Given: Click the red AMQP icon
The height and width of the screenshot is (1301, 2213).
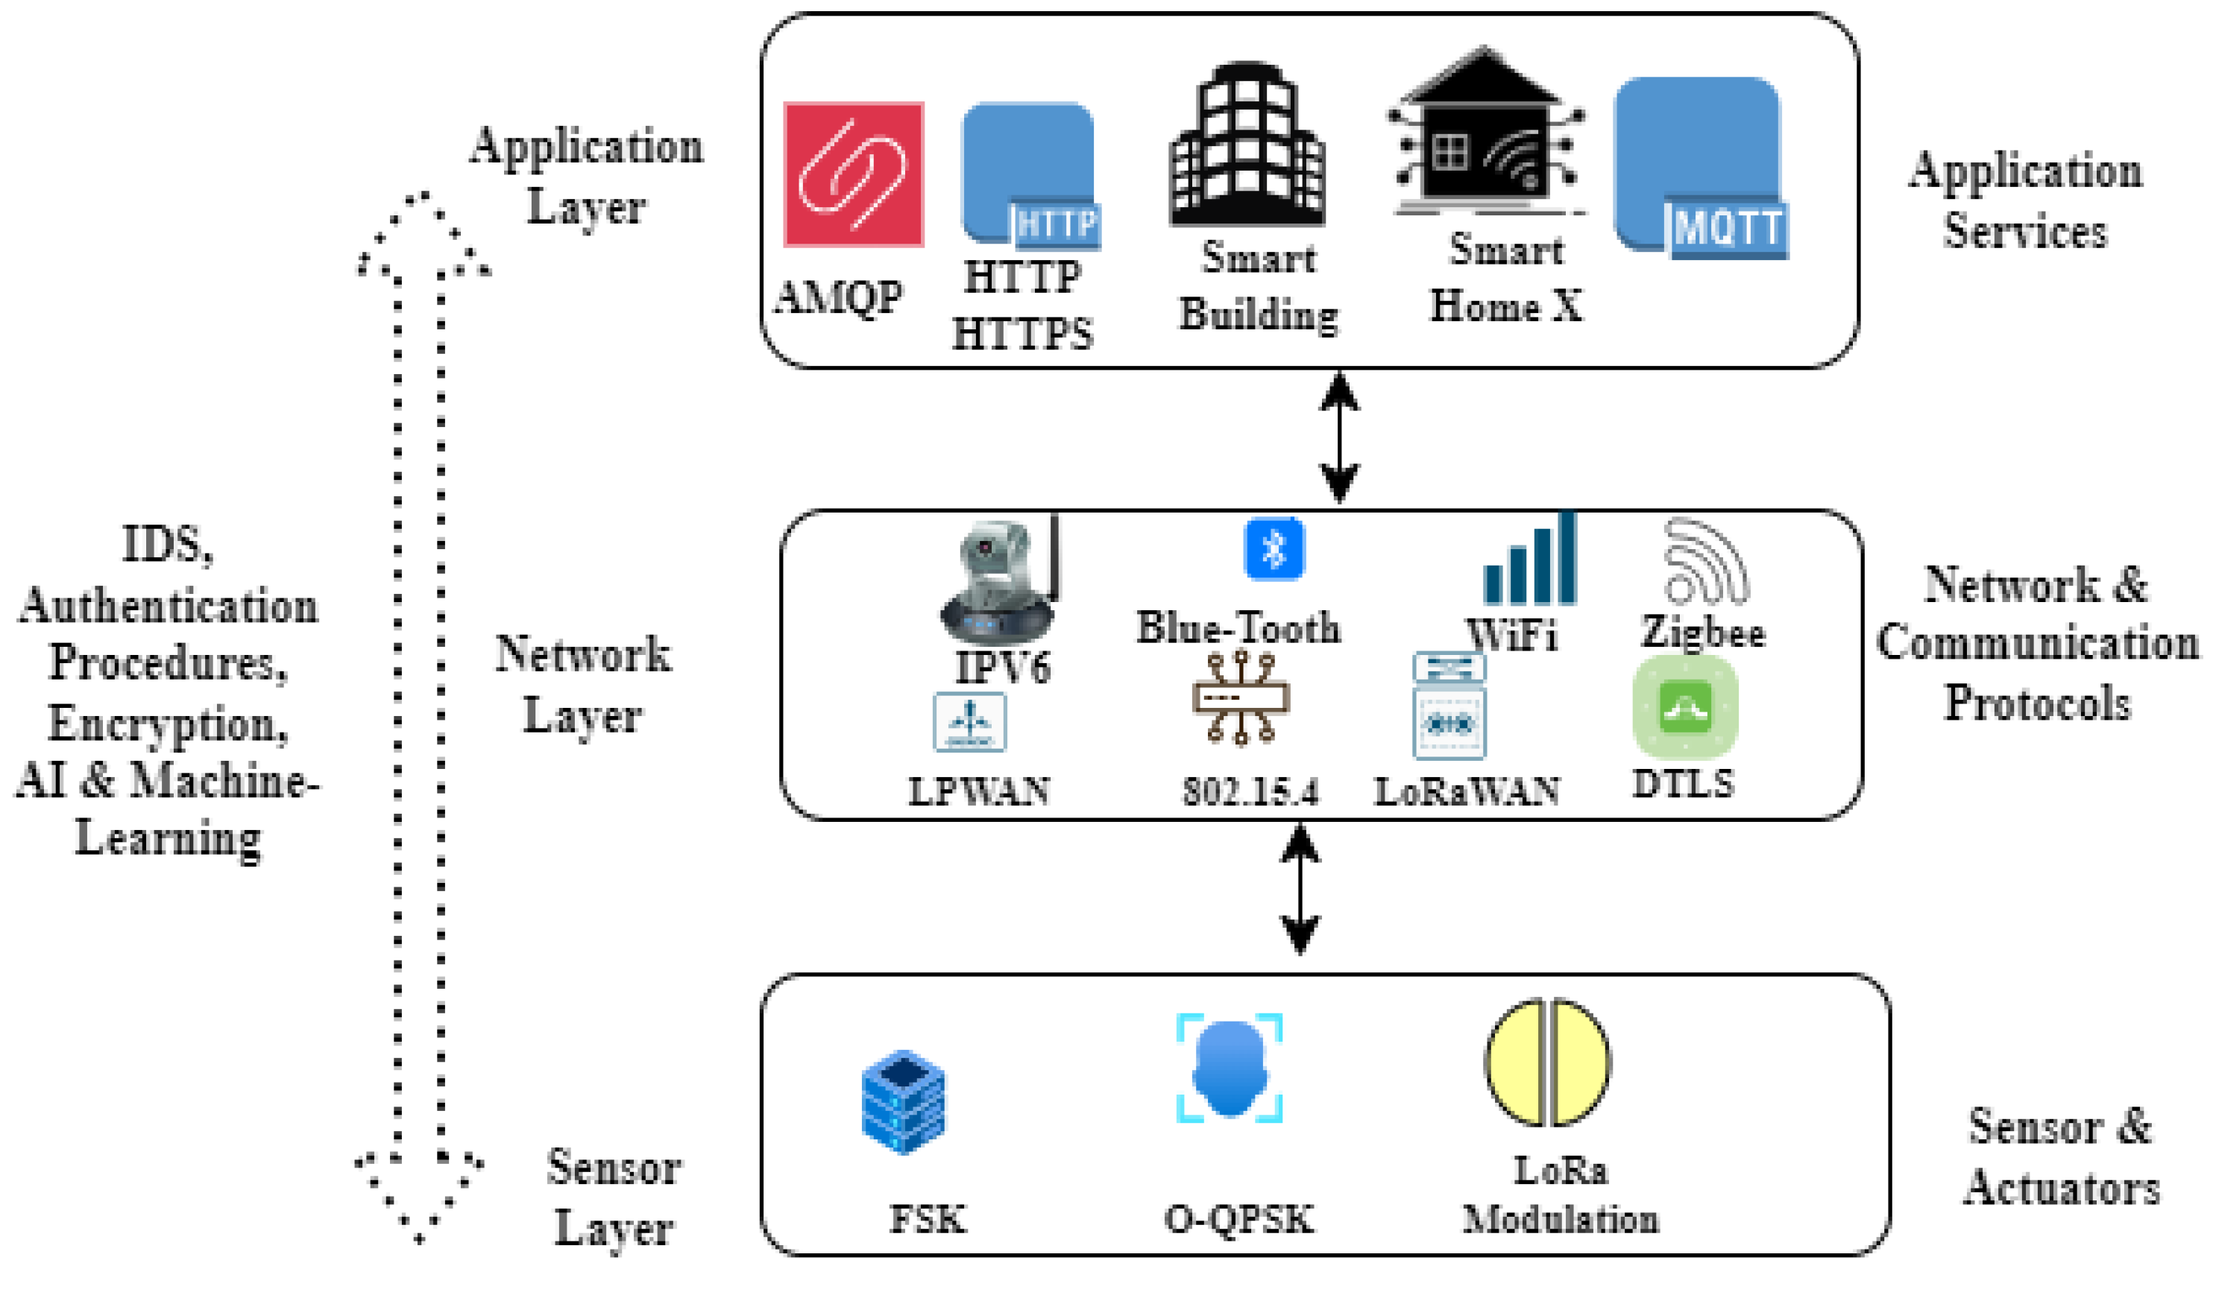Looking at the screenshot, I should coord(854,174).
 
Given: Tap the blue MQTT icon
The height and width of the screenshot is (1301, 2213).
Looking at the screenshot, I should coord(1700,168).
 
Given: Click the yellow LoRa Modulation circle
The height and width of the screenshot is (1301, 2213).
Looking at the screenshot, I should coord(1547,1063).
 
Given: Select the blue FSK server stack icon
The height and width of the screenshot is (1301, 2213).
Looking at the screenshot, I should coord(904,1103).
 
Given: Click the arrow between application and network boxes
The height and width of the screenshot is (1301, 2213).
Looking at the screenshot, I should coord(1339,437).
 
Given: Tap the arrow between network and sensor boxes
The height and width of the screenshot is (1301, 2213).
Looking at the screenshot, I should coord(1300,888).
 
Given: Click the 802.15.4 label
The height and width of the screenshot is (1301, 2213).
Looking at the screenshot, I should coord(1250,792).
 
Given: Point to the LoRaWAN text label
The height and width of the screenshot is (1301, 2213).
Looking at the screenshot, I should coord(1467,792).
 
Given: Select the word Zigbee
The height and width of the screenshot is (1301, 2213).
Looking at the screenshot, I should coord(1703,632).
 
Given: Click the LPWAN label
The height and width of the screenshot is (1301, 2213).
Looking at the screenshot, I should coord(979,792).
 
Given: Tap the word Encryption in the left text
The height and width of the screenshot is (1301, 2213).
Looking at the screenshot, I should coord(168,724).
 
